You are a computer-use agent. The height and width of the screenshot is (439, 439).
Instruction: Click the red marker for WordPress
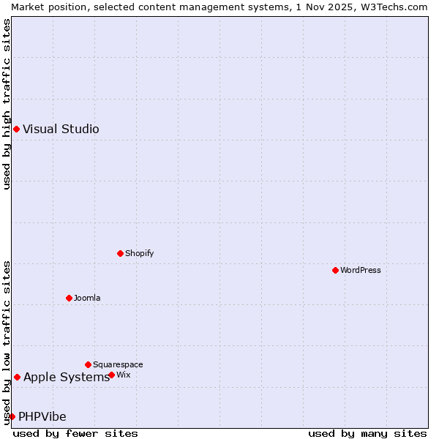[336, 270]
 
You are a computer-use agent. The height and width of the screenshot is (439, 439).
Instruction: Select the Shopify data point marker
[121, 253]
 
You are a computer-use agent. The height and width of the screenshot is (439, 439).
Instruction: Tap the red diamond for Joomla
[70, 298]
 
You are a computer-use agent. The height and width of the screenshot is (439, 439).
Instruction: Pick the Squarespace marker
[89, 364]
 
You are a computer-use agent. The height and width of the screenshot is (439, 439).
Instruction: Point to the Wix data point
[112, 375]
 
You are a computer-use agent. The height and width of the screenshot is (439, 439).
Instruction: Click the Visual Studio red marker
[16, 130]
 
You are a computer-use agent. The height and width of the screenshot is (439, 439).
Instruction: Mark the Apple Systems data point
[17, 377]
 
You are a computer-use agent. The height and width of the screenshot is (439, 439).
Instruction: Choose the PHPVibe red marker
[12, 416]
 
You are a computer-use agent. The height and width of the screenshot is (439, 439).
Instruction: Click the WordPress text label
[360, 270]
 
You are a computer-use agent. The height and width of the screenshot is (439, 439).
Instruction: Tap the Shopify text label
[139, 253]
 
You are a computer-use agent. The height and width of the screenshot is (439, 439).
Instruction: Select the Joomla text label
[87, 298]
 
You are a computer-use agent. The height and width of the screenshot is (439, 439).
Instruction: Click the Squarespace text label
[118, 364]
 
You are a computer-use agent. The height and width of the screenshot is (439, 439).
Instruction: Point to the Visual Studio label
[61, 130]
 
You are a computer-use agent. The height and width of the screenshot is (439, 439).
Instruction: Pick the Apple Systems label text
[66, 377]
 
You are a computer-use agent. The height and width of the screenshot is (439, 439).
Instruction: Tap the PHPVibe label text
[42, 416]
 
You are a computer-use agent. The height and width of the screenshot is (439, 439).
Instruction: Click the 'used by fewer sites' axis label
[75, 433]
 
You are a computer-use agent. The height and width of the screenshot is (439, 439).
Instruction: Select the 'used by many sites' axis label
[367, 433]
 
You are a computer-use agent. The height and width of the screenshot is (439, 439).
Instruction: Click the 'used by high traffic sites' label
[7, 104]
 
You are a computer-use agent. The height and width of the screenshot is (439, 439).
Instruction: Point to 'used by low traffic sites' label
[7, 342]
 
